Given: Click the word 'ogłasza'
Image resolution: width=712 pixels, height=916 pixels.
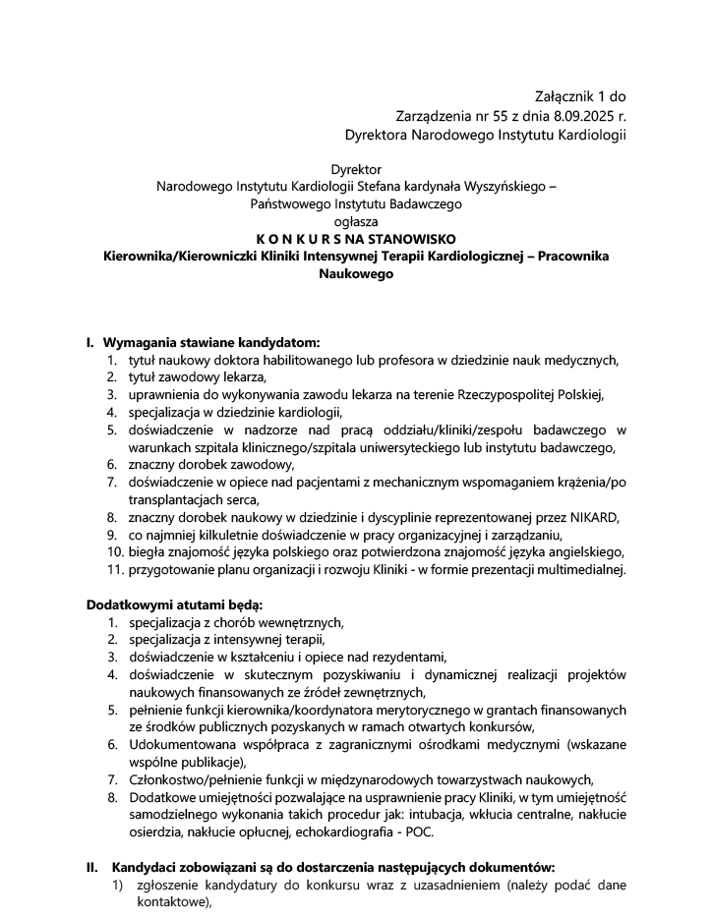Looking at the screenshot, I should [x=356, y=222].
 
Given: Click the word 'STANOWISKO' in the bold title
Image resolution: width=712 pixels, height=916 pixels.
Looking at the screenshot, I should [x=418, y=240].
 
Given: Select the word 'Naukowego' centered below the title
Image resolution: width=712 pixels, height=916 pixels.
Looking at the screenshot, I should [x=356, y=275].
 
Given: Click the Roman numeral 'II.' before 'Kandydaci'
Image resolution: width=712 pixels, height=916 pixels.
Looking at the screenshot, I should [x=91, y=869].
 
